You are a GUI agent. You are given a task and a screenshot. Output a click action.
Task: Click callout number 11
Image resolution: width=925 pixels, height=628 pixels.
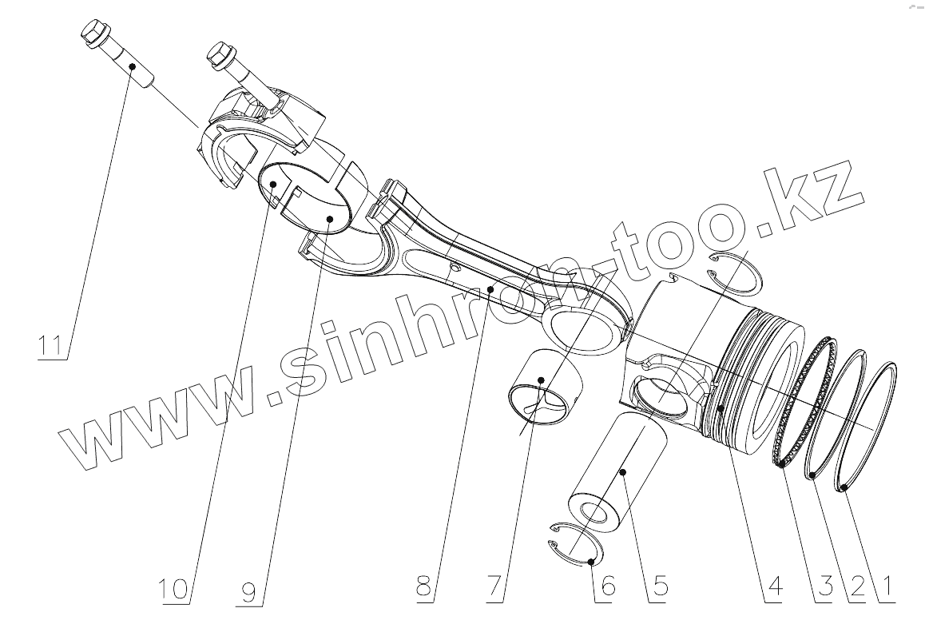pos(52,346)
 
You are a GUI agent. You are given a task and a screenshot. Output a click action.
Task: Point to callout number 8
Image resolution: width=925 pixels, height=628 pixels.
pos(426,589)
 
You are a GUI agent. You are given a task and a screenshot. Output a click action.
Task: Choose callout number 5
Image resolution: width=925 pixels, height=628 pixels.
pos(660,589)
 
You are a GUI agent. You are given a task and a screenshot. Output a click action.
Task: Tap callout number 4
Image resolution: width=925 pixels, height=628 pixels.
pos(772,589)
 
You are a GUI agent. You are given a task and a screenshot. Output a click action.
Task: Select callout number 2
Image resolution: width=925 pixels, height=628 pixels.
pos(857,589)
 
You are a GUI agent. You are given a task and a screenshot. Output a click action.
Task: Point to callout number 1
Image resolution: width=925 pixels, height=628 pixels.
pos(885,589)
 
